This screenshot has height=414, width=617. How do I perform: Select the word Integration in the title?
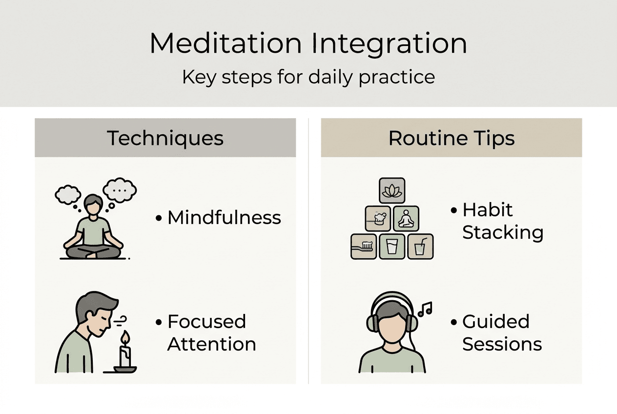point(390,44)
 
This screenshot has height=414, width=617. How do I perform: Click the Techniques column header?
point(165,138)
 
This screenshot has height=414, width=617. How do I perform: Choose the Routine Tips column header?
point(451,138)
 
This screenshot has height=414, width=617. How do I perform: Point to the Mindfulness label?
point(224,218)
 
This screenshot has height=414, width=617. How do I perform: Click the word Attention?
point(211,344)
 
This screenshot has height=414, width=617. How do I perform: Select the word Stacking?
point(503,232)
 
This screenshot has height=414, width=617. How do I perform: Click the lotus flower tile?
point(392,190)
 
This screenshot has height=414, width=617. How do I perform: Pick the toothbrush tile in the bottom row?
point(364,246)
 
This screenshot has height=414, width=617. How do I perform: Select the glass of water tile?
point(392,246)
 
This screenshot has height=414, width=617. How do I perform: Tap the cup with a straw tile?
point(420,246)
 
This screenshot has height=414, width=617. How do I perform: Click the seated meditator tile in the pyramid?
point(406,218)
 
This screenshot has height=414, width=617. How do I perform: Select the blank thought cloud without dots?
point(67,194)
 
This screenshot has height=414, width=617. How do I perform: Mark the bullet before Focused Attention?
point(158,323)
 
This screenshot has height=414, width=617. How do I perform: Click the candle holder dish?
point(125,369)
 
